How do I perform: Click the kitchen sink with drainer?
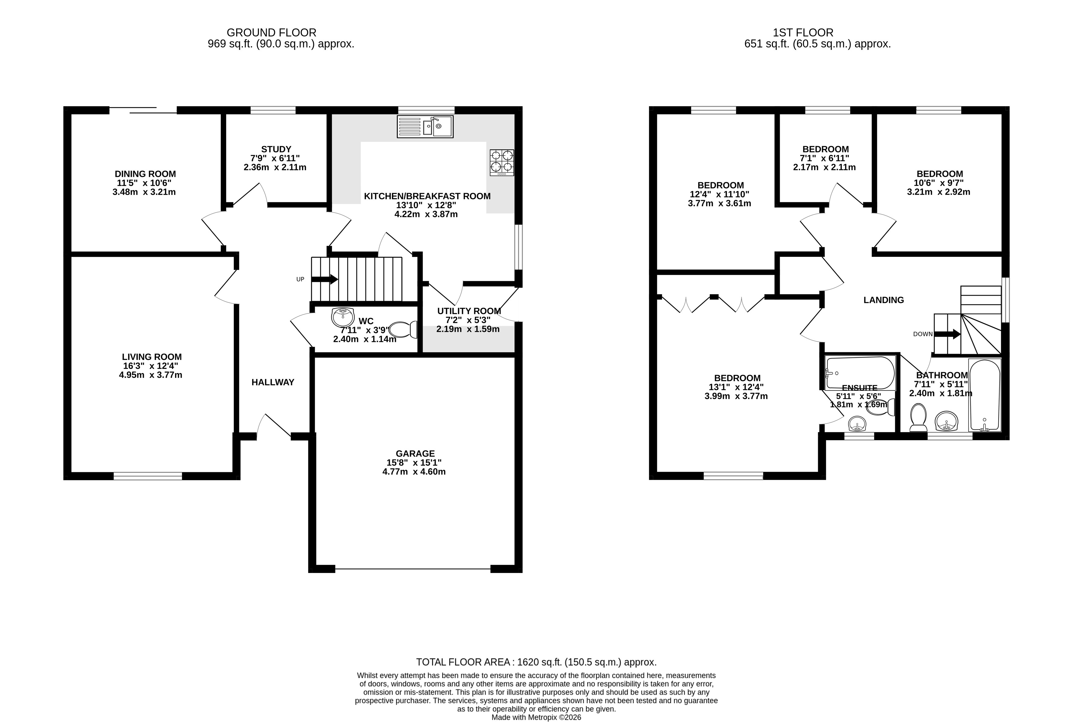[425, 127]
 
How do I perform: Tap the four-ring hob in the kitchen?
[502, 163]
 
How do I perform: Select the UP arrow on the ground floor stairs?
[325, 279]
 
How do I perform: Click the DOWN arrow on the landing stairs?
[947, 334]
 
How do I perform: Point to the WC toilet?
[403, 330]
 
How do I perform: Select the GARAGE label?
[415, 454]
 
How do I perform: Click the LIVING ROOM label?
[152, 357]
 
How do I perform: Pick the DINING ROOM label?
[145, 174]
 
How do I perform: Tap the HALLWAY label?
[273, 382]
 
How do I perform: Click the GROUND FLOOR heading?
[272, 33]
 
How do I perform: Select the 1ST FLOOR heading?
[803, 33]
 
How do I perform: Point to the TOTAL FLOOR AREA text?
[536, 662]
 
